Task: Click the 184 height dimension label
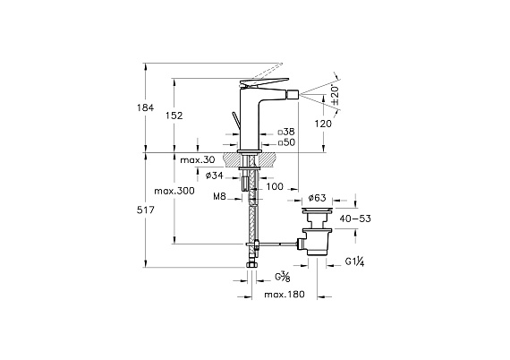click(145, 107)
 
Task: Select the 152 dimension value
click(174, 116)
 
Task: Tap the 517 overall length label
click(145, 210)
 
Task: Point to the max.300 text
click(174, 191)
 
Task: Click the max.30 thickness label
click(198, 159)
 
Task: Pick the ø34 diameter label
click(215, 176)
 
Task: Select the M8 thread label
click(219, 196)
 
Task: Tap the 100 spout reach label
click(275, 186)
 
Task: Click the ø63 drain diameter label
click(317, 198)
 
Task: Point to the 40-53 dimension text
click(355, 219)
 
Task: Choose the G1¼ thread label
click(354, 261)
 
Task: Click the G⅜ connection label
click(283, 277)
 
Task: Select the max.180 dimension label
click(285, 295)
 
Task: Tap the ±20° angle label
click(336, 95)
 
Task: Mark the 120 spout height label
click(323, 124)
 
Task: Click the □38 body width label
click(286, 132)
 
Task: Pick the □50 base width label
click(286, 142)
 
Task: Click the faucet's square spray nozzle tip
click(293, 94)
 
